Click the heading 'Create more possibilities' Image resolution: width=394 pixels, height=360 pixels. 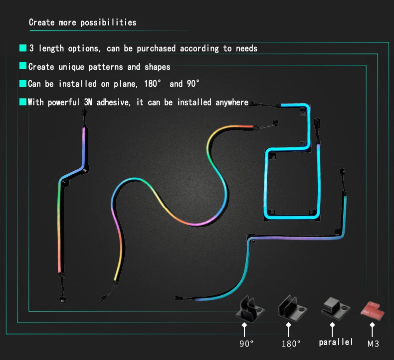click(x=82, y=22)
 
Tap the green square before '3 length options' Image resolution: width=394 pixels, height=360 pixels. click(x=22, y=48)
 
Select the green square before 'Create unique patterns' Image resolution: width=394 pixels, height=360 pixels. click(x=22, y=66)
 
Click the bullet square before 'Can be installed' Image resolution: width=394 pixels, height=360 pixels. click(x=22, y=84)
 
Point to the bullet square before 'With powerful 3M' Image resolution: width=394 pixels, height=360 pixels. click(x=22, y=102)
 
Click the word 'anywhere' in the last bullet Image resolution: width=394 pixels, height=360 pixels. click(x=232, y=102)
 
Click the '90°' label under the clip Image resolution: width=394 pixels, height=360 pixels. click(x=246, y=344)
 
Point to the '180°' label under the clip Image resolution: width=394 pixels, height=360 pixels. click(x=291, y=344)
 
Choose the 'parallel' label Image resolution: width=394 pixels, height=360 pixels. click(x=336, y=342)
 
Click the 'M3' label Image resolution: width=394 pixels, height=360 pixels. click(x=374, y=344)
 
